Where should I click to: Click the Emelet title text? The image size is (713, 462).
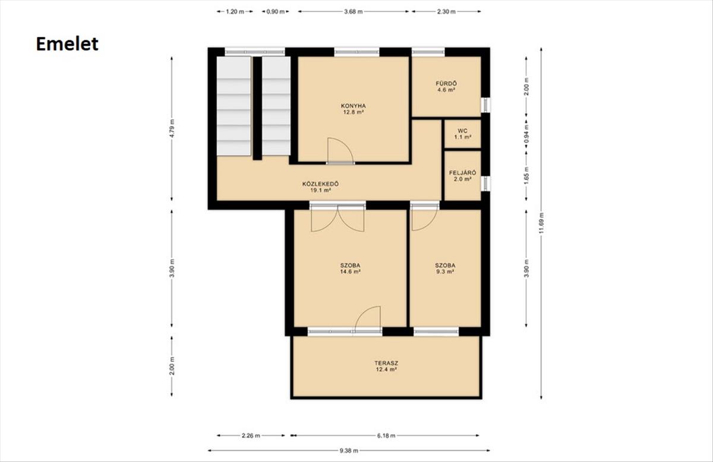(67, 44)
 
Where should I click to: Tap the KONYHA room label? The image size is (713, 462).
(354, 106)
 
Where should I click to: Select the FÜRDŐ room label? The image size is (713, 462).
(446, 84)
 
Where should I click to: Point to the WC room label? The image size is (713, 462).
(462, 131)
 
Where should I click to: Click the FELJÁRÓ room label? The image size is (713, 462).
(462, 173)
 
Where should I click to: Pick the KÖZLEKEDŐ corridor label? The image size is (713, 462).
(320, 184)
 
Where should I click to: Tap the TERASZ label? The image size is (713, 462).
(386, 363)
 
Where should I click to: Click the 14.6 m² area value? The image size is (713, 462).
(350, 272)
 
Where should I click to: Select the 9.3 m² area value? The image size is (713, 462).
(445, 272)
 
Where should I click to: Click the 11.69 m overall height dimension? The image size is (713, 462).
(541, 223)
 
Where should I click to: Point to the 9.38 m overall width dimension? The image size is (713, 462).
(349, 451)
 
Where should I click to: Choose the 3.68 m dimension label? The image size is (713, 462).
(354, 12)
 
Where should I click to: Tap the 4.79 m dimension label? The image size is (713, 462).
(172, 128)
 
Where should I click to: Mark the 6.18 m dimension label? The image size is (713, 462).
(386, 436)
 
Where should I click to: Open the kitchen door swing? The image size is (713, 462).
(340, 150)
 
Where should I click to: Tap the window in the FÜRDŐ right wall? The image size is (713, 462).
(485, 105)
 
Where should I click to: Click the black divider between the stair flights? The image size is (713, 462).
(257, 108)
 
